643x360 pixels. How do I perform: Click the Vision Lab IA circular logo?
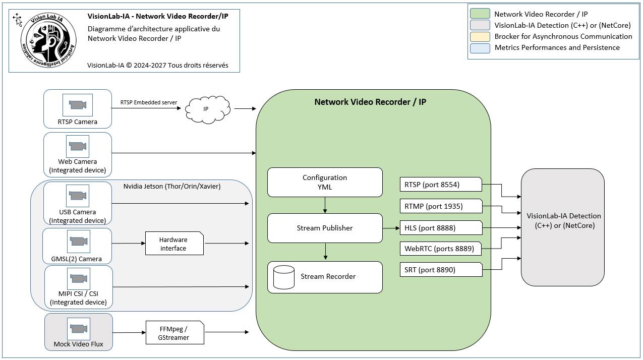(x=48, y=40)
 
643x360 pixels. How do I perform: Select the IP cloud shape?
(x=207, y=109)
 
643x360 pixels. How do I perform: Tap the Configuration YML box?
(x=325, y=183)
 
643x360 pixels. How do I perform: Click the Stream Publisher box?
(x=325, y=228)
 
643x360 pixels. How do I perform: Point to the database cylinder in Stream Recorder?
(x=283, y=277)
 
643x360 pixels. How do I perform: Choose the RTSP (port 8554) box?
(x=441, y=185)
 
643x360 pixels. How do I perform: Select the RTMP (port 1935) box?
(x=441, y=206)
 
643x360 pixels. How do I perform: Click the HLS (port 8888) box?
(x=441, y=228)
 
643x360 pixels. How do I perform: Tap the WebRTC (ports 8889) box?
(x=441, y=249)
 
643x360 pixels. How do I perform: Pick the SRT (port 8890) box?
(x=441, y=270)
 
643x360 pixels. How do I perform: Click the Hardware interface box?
(x=174, y=244)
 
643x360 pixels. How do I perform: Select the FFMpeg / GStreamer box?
(x=175, y=332)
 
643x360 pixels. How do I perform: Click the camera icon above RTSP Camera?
(x=78, y=105)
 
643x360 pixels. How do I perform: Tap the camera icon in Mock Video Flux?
(x=78, y=328)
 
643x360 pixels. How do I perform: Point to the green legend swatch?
(x=480, y=14)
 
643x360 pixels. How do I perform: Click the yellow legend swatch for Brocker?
(x=480, y=36)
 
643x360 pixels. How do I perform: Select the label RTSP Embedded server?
(x=149, y=102)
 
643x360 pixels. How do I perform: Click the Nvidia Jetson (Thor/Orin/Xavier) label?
(x=172, y=187)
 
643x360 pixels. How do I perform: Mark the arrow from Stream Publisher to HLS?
(x=391, y=228)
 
